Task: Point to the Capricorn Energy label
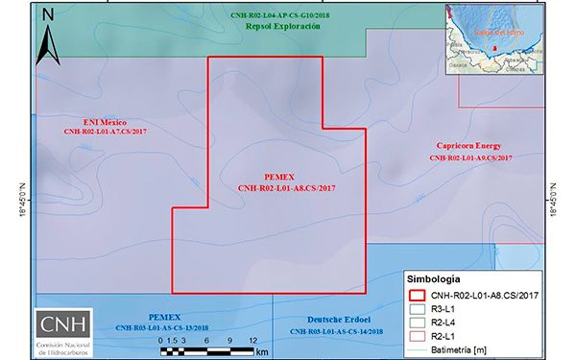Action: [x=470, y=145]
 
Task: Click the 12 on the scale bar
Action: [x=252, y=341]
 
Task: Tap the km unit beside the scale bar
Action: [x=262, y=352]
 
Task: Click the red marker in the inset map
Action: [x=495, y=46]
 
